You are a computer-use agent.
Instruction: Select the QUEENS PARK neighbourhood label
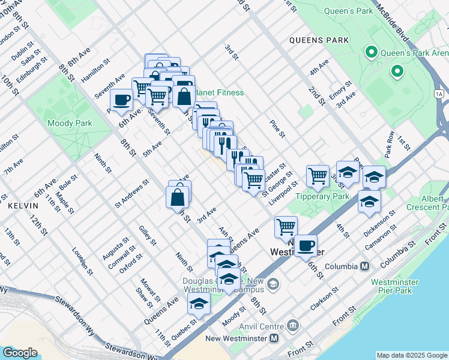coord(318,41)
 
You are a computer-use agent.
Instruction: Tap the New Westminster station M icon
coord(274,338)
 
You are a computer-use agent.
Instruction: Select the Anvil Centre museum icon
coord(293,326)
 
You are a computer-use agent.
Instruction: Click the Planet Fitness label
coord(220,92)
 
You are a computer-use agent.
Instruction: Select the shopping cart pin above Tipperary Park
coord(317,175)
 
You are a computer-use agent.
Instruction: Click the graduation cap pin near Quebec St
coord(199,304)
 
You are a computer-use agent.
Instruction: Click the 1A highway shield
coord(439,93)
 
